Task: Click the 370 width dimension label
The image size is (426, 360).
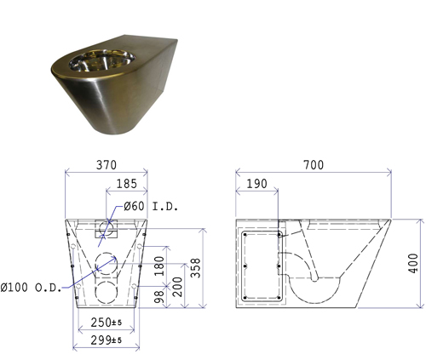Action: (106, 165)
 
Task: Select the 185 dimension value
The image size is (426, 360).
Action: (127, 184)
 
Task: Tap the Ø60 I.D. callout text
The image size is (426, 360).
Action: (151, 206)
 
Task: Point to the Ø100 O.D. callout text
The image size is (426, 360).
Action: (31, 288)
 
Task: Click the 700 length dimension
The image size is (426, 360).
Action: (314, 165)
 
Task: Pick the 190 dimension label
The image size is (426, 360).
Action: (256, 184)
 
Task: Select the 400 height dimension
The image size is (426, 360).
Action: (413, 264)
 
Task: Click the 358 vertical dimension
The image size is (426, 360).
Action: (196, 268)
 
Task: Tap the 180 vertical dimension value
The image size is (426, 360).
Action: (159, 266)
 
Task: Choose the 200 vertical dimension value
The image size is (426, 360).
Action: (177, 287)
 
